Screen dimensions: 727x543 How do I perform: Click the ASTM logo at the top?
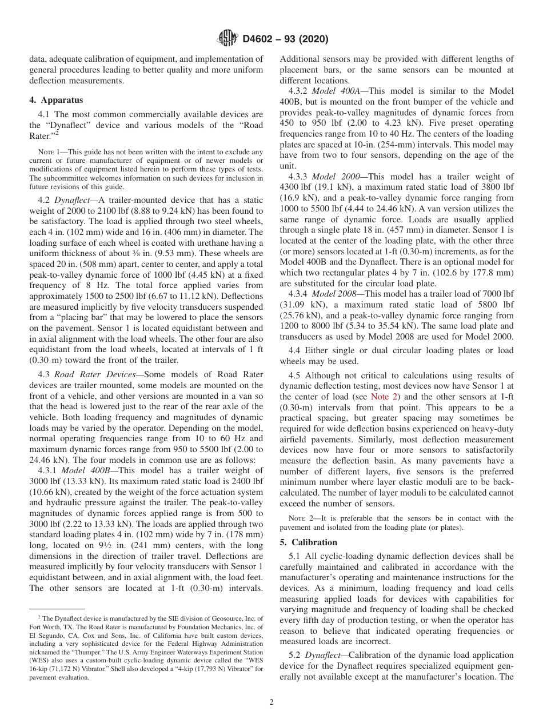227,39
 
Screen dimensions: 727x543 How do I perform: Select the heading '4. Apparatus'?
55,99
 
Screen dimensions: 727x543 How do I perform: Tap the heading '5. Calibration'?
309,542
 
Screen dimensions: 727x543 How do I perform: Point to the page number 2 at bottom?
271,702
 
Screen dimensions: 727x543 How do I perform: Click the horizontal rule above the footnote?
57,609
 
